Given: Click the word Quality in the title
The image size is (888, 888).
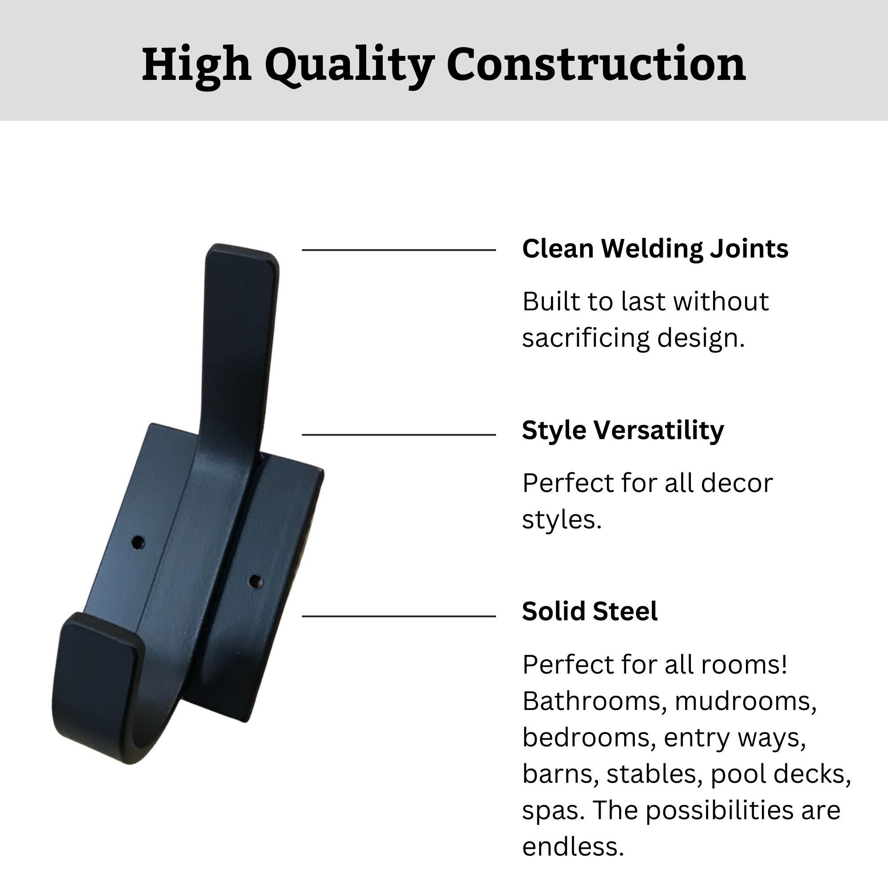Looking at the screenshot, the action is [x=350, y=66].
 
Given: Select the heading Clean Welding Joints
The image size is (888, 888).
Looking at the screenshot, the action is [x=655, y=250].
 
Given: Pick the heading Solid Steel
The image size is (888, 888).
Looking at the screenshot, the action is [x=590, y=612].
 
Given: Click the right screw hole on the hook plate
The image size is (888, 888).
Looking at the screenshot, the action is [x=256, y=582].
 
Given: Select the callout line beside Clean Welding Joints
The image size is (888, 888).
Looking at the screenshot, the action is [x=399, y=250].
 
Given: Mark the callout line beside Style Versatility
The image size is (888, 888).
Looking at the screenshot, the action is [x=399, y=434].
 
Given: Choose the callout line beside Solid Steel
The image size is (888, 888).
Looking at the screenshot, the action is [x=399, y=616].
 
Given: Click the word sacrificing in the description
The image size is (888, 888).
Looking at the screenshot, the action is [x=586, y=339].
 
